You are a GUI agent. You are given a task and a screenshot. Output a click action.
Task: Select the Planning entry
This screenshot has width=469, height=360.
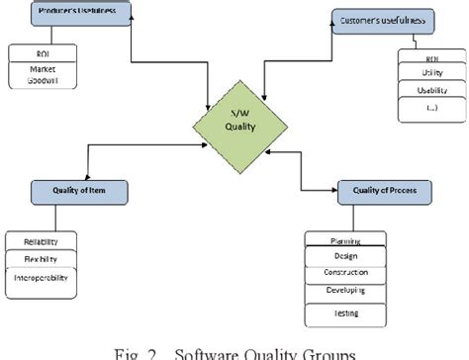point(345,240)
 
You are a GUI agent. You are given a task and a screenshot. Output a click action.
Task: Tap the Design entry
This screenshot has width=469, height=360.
point(345,256)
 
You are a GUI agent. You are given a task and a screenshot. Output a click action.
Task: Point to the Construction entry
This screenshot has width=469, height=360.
point(345,272)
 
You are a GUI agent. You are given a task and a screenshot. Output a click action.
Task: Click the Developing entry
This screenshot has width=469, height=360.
point(345,290)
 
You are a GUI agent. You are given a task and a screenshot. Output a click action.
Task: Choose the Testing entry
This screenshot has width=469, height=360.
point(345,313)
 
